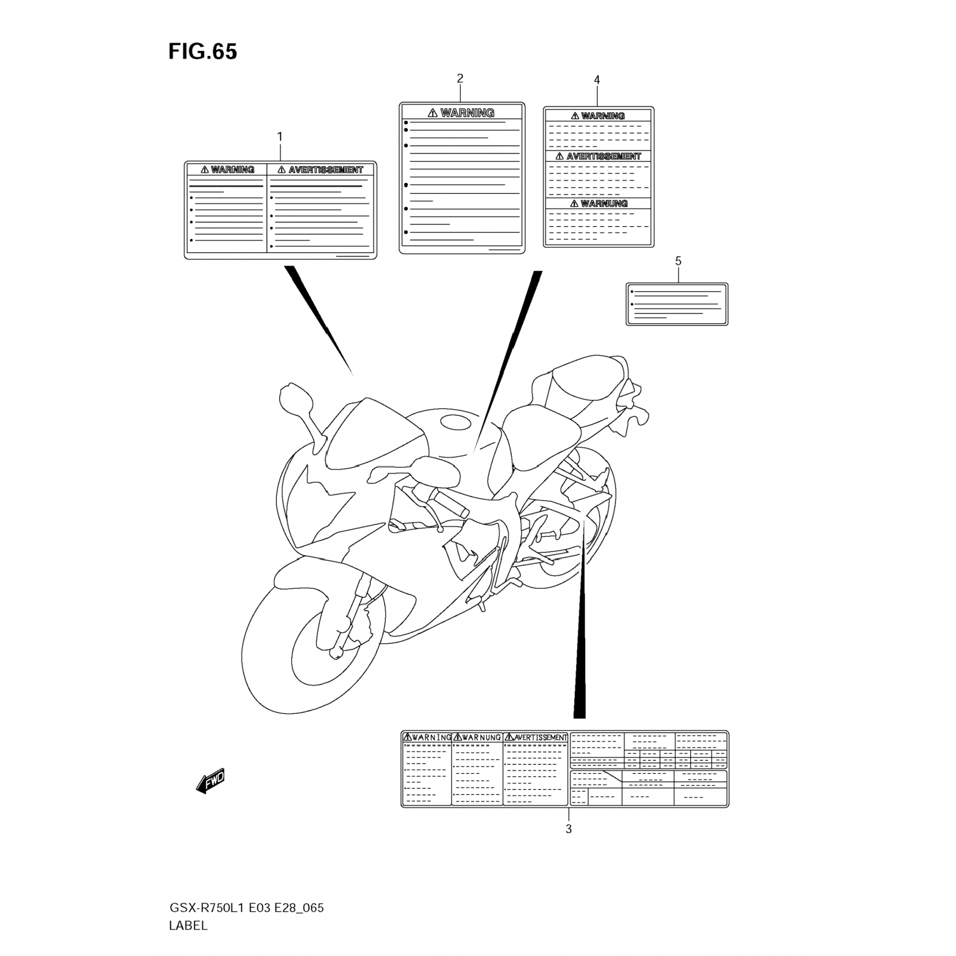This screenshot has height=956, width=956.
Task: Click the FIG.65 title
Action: coord(203,52)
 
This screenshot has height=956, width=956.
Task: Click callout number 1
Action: coord(279,136)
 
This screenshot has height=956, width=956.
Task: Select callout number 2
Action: coord(460,78)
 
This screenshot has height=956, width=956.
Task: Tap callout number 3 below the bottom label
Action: coord(569,829)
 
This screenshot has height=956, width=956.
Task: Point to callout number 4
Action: coord(597,80)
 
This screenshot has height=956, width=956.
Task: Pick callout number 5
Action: coord(678,261)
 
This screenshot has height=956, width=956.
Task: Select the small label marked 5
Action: coord(677,304)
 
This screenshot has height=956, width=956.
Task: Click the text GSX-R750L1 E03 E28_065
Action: coord(246,908)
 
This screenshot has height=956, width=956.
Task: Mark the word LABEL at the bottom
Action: coord(188,926)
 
